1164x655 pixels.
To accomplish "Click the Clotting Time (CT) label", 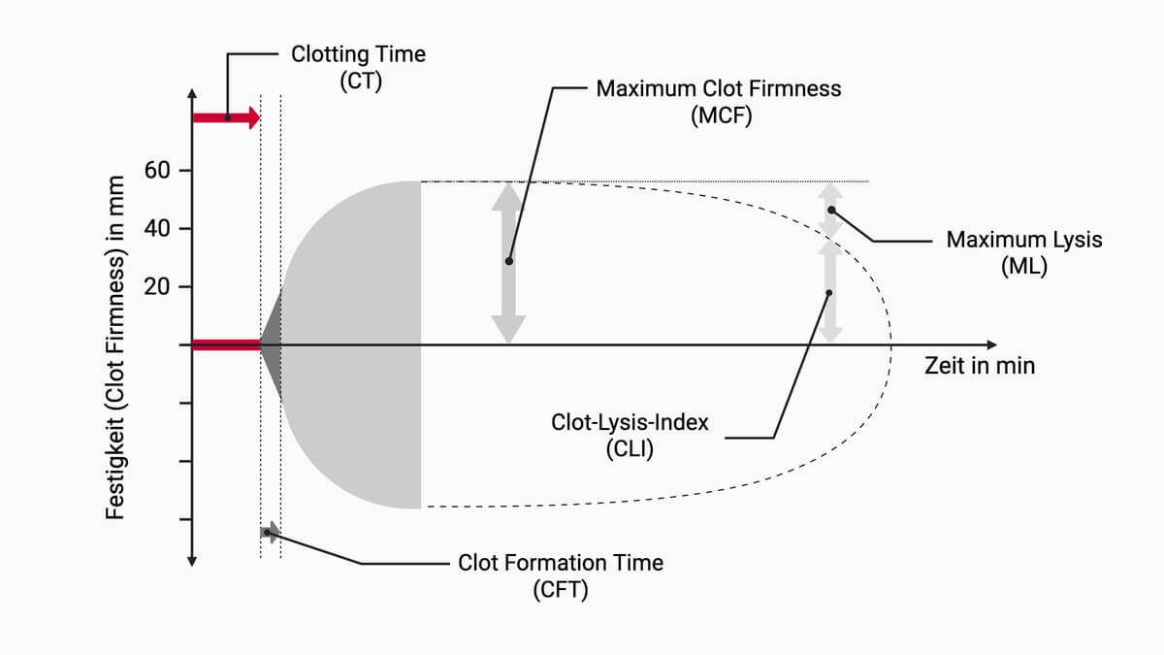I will pyautogui.click(x=358, y=67).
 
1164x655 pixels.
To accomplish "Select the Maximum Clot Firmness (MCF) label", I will pyautogui.click(x=719, y=102).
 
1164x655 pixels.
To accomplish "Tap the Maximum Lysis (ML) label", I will pyautogui.click(x=1024, y=252).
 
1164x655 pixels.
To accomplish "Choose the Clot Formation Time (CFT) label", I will pyautogui.click(x=561, y=575).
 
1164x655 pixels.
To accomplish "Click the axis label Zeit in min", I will pyautogui.click(x=980, y=367).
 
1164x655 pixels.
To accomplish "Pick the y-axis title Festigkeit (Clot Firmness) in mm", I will pyautogui.click(x=114, y=346).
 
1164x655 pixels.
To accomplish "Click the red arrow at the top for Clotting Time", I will pyautogui.click(x=227, y=117).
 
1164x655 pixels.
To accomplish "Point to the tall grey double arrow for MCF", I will pyautogui.click(x=507, y=262).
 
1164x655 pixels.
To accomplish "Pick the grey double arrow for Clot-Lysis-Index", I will pyautogui.click(x=830, y=291).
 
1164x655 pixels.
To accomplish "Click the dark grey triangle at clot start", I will pyautogui.click(x=274, y=344).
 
